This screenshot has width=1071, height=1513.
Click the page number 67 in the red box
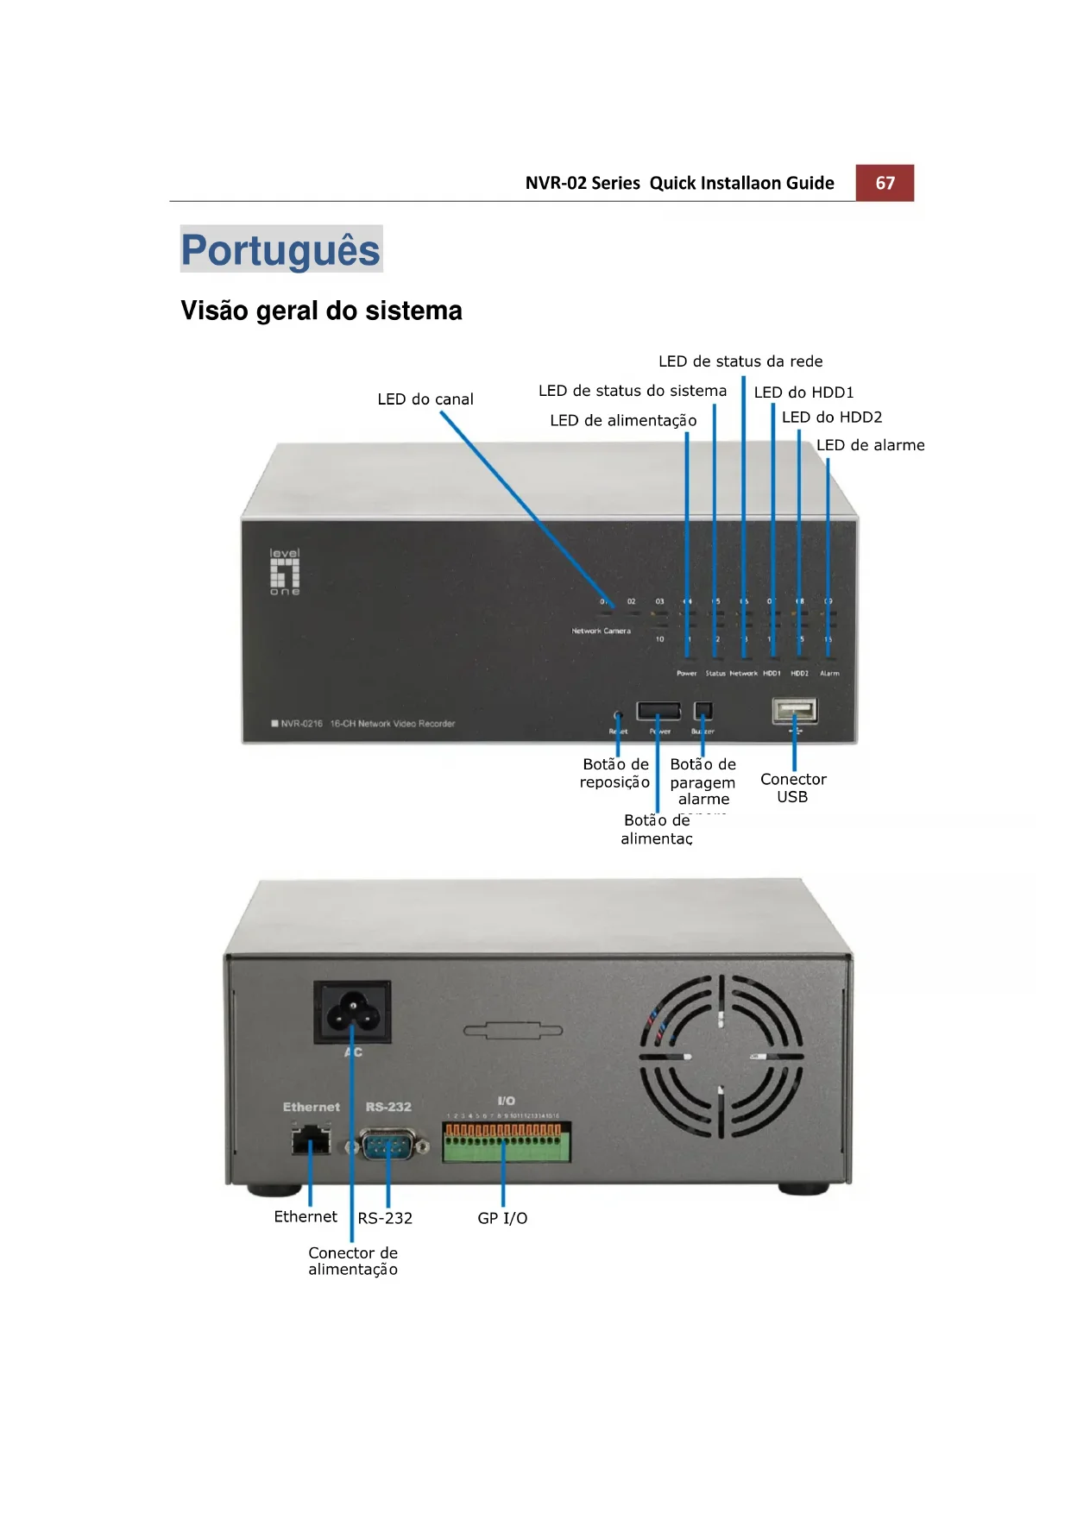[885, 183]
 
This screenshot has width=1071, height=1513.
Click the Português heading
[280, 250]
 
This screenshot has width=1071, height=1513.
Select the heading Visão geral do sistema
[321, 311]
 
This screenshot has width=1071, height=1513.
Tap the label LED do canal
[425, 399]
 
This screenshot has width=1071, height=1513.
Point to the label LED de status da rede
[740, 361]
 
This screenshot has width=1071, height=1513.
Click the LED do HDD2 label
[832, 417]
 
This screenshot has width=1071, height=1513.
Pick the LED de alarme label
[870, 445]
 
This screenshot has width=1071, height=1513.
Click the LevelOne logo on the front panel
[285, 572]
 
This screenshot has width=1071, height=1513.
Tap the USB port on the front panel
[795, 711]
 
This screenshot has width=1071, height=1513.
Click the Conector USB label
[793, 788]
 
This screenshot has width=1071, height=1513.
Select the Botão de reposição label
[615, 773]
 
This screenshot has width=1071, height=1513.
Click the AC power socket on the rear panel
[352, 1012]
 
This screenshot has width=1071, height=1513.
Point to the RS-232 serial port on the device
[387, 1146]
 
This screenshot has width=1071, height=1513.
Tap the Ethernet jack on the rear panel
[311, 1143]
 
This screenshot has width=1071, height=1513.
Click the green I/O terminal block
[507, 1142]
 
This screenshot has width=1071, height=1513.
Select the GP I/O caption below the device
[502, 1218]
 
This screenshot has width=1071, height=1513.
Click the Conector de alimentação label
[353, 1261]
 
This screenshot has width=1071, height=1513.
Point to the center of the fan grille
[721, 1057]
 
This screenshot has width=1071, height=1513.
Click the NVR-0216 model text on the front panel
[301, 724]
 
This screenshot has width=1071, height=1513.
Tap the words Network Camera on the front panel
[601, 631]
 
